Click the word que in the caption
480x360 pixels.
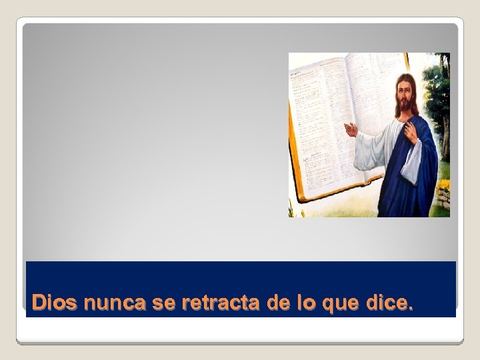tap(341, 304)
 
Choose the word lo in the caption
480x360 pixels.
tap(306, 303)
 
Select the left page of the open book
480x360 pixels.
tap(317, 127)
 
